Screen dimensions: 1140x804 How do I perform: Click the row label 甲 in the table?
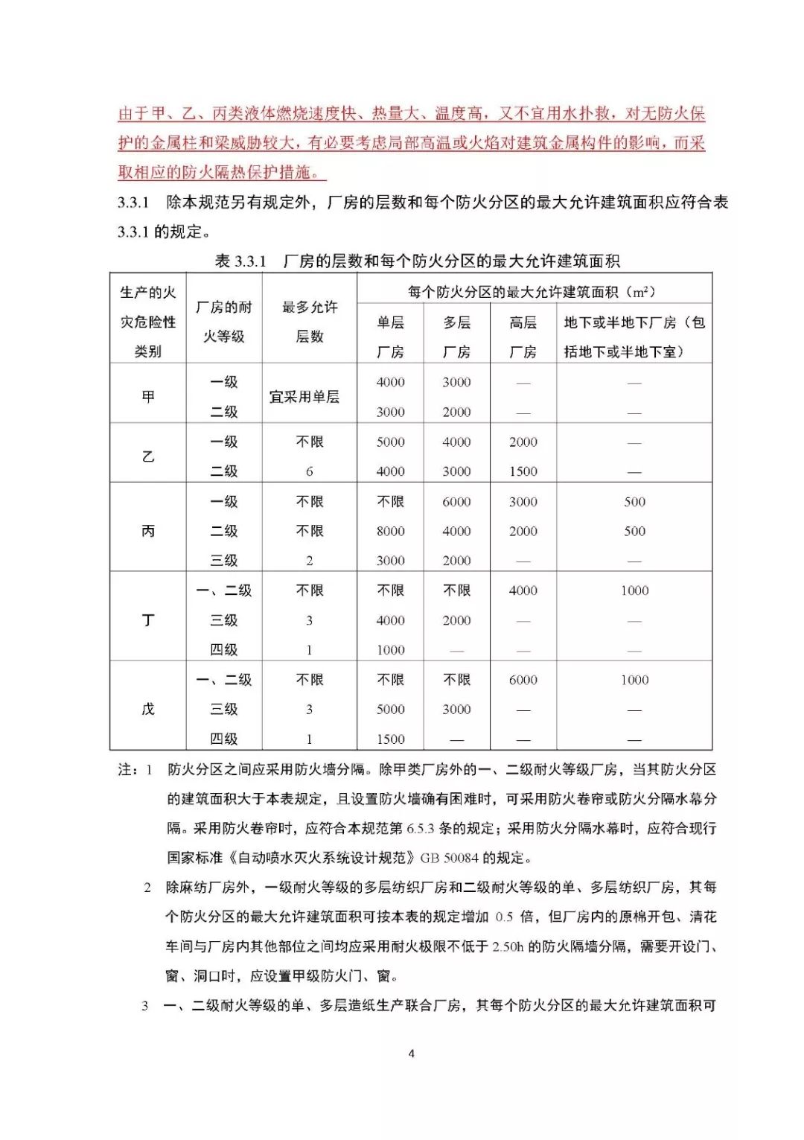(148, 396)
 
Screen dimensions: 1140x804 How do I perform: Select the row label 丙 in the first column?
(148, 531)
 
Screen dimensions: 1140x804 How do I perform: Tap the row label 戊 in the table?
(148, 709)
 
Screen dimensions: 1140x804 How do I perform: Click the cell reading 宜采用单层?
(304, 397)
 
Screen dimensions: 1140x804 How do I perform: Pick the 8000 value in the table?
(390, 531)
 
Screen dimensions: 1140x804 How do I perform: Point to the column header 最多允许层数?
(310, 321)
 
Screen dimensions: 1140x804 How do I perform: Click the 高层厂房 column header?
(523, 337)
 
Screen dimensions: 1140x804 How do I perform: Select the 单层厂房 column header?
(390, 337)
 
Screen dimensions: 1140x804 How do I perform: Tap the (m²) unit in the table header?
(641, 292)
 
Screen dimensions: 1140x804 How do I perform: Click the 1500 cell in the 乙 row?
(523, 471)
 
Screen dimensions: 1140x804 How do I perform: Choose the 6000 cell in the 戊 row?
(523, 680)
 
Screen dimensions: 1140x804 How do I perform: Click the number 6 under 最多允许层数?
(310, 471)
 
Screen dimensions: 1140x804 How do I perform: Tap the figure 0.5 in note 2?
(504, 917)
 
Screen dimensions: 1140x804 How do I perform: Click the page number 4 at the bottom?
(412, 1054)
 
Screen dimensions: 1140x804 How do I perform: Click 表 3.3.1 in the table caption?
(240, 261)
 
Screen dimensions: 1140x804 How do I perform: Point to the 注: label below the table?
(127, 769)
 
